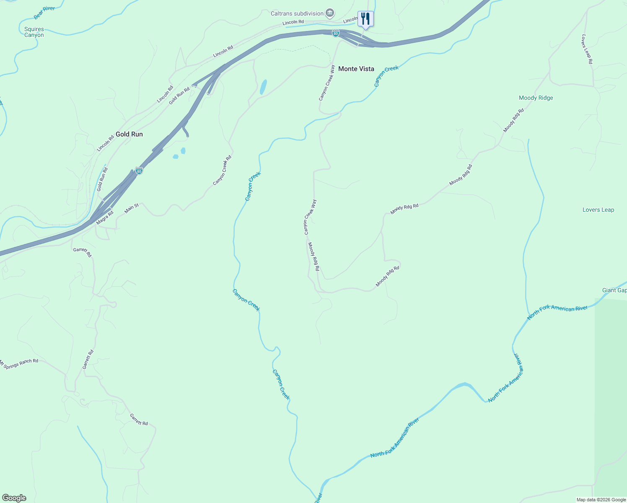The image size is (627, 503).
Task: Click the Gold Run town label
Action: (129, 134)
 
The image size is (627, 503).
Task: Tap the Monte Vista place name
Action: (356, 69)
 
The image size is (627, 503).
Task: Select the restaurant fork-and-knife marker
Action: (365, 19)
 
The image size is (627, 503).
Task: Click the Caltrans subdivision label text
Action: (297, 14)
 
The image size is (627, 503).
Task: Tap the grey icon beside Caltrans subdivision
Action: (330, 13)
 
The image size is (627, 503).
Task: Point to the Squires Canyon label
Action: (34, 32)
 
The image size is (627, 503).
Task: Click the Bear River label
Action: (44, 13)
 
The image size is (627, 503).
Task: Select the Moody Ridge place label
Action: (536, 98)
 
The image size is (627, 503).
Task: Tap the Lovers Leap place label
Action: (598, 210)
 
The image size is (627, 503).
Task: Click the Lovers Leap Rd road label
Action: (587, 49)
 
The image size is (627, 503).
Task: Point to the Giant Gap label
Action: (614, 290)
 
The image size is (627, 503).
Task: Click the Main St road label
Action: (132, 208)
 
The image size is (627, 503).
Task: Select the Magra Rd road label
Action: (105, 218)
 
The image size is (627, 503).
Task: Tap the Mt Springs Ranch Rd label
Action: (19, 363)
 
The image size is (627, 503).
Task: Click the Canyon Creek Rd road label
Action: (222, 170)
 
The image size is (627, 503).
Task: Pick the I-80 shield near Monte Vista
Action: (336, 33)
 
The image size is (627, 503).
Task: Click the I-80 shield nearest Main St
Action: (139, 171)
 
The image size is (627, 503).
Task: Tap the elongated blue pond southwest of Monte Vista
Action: (263, 87)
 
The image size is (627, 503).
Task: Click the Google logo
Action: (14, 498)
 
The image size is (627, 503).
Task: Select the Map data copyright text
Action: (601, 500)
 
